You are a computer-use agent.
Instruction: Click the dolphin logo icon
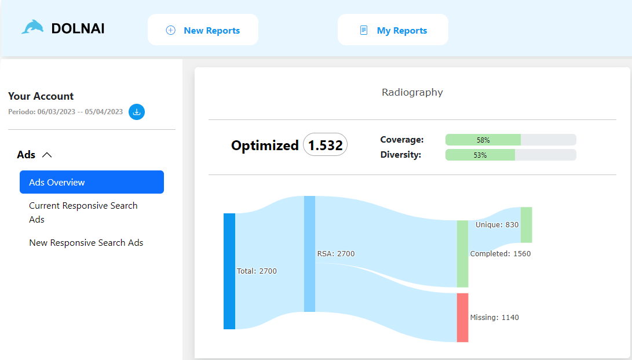pos(32,27)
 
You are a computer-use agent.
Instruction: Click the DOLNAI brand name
pos(78,28)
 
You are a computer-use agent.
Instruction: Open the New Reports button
pos(203,30)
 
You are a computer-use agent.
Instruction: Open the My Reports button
pos(393,30)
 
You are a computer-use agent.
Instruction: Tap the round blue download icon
pos(137,112)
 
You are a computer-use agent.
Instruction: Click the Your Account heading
pos(41,96)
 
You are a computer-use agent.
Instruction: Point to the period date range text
pos(65,112)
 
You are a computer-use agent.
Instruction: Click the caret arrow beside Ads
pos(48,155)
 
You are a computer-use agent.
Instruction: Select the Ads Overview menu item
pos(92,182)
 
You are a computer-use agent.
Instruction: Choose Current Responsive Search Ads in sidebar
pos(83,212)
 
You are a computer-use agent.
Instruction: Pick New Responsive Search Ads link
pos(86,243)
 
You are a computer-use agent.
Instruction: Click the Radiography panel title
pos(412,92)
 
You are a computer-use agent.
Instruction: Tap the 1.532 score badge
pos(325,145)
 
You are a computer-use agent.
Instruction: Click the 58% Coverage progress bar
pos(510,140)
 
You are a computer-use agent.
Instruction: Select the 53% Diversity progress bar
pos(510,155)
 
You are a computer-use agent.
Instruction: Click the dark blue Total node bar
pos(229,271)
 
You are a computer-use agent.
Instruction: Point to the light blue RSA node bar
pos(309,253)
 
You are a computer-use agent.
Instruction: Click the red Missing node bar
pos(462,317)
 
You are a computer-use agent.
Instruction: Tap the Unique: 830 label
pos(496,224)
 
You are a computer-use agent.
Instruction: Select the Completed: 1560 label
pos(500,253)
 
